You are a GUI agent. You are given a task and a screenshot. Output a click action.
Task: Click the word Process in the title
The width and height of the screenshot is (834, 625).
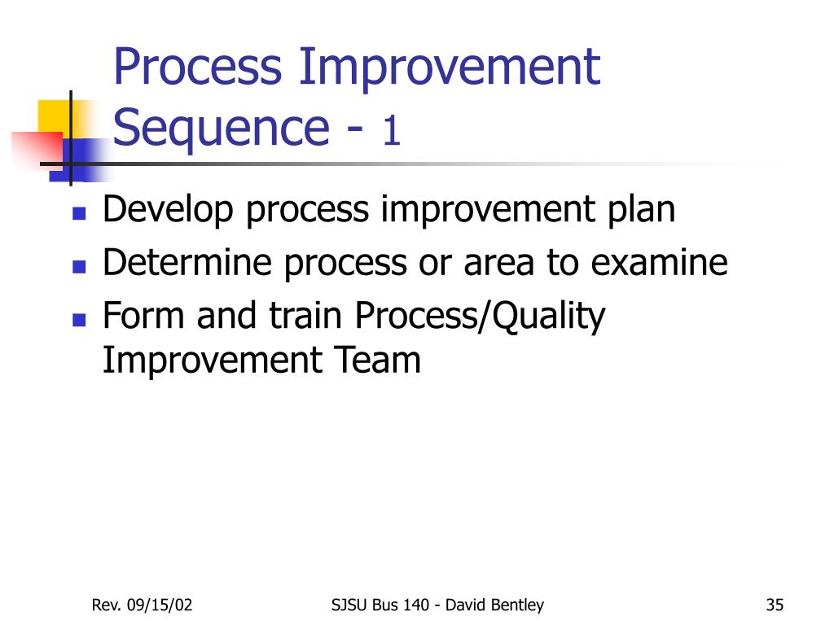(198, 67)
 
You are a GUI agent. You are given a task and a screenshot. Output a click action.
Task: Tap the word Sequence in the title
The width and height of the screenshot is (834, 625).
(222, 129)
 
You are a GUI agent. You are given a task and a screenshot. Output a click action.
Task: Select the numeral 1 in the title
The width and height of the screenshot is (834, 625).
(391, 130)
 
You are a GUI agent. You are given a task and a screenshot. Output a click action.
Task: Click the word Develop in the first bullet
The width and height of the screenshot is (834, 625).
(168, 210)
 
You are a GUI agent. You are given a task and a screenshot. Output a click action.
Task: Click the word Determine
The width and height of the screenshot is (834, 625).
(187, 262)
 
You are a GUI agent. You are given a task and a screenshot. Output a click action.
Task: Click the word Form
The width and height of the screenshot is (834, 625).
(143, 315)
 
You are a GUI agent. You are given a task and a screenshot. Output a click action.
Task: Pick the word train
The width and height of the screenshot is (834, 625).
(305, 316)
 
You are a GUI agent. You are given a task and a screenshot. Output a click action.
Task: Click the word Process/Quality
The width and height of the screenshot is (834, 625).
(480, 317)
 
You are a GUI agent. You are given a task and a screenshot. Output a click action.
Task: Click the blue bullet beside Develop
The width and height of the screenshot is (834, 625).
(79, 214)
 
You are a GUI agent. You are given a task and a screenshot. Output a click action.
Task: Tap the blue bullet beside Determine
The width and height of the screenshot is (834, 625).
(79, 266)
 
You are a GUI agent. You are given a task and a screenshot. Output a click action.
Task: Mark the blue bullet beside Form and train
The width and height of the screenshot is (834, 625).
(79, 319)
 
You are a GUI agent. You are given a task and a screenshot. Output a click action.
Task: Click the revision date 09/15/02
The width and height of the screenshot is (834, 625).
(160, 605)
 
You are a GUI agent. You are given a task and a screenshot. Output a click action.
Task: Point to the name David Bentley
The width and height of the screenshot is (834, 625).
(494, 605)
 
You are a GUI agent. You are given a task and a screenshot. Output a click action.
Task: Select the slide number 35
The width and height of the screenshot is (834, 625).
(775, 605)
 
